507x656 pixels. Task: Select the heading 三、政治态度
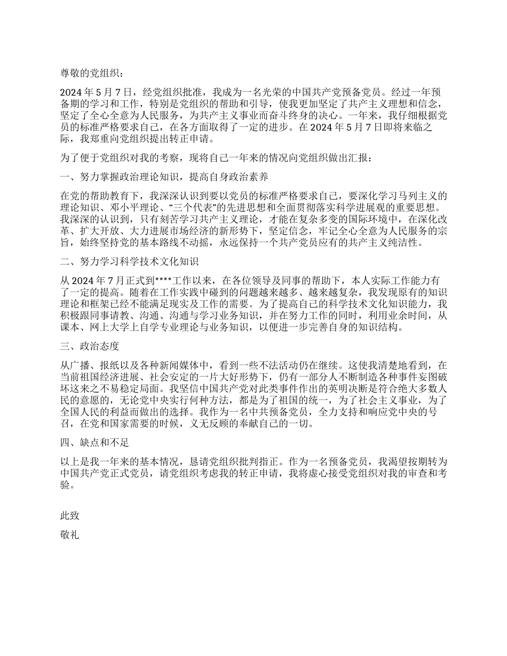point(89,346)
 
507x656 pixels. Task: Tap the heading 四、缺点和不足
point(94,443)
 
